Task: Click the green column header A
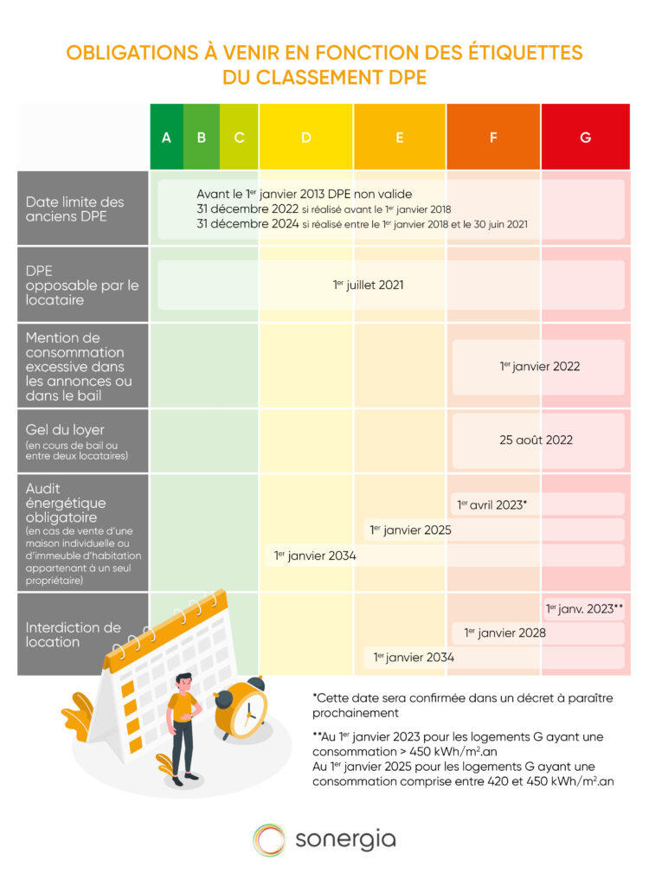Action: coord(166,137)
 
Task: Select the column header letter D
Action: coord(305,137)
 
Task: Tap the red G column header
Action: coord(586,137)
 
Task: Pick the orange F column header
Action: coord(493,137)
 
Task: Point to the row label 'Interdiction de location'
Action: coord(74,634)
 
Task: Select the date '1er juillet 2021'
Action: coord(368,285)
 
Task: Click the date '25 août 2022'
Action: coord(536,440)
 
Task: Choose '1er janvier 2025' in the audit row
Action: coord(410,530)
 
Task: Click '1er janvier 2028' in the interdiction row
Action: coord(504,632)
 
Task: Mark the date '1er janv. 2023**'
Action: coord(585,608)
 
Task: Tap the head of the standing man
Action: coord(183,682)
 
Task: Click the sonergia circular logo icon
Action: coord(269,839)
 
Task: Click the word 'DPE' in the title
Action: coord(403,77)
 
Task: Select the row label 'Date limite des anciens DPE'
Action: coord(74,209)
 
